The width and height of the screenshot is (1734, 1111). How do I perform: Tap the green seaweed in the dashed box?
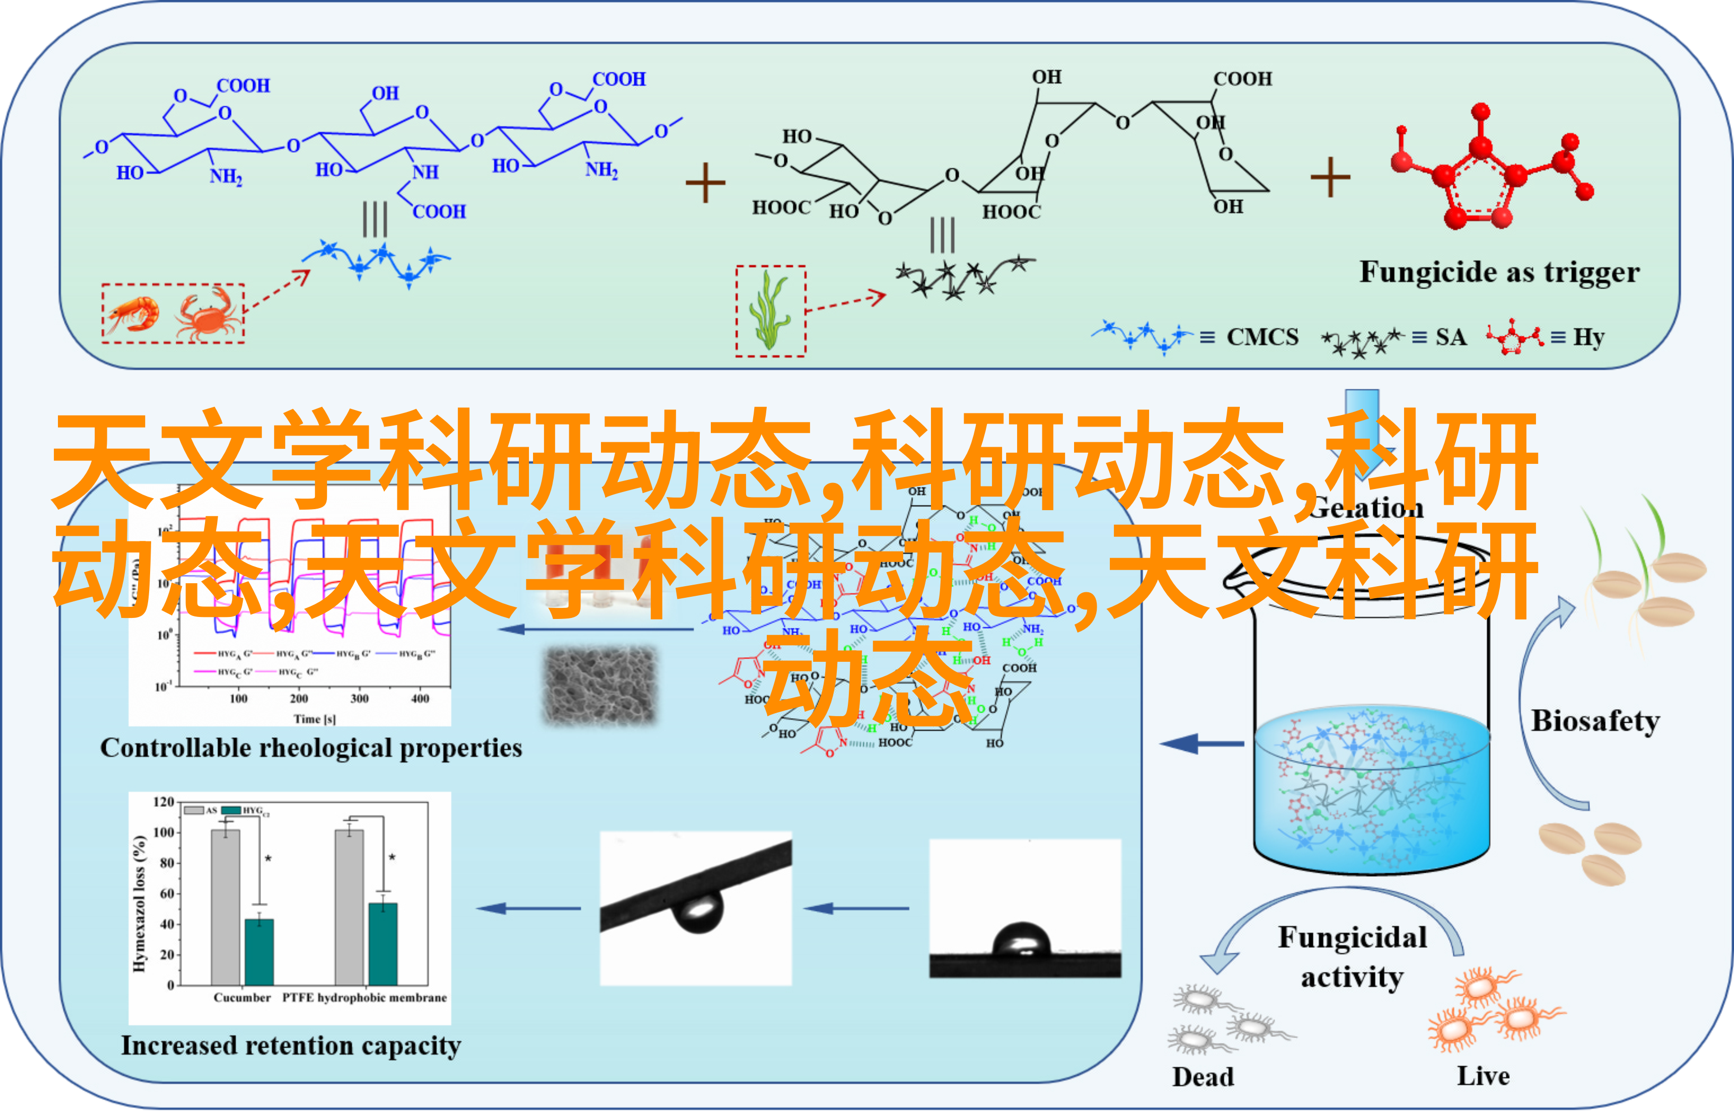(769, 311)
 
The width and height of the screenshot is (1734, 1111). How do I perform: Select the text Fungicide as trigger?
(1499, 272)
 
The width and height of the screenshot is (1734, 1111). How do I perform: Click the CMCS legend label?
(1262, 337)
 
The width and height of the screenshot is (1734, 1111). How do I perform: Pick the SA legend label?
(1450, 337)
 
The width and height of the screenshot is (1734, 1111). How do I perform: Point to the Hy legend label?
(1588, 337)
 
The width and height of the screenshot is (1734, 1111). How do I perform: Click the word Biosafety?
(1595, 721)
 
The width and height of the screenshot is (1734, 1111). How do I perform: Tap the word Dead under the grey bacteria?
(1203, 1076)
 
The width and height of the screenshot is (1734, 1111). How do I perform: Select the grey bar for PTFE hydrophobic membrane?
(349, 907)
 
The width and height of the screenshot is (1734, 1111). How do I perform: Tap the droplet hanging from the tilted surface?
(698, 911)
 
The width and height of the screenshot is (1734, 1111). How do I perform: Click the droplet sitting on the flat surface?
(1020, 940)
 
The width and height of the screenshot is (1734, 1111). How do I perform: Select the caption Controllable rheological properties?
(311, 748)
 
